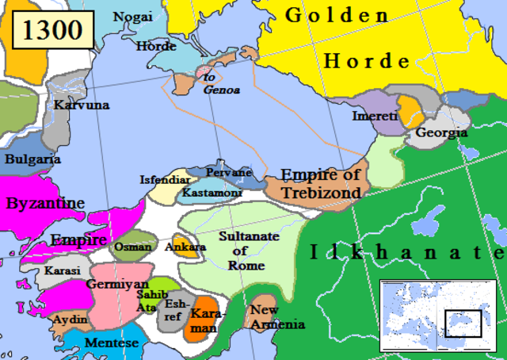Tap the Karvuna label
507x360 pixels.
click(x=82, y=105)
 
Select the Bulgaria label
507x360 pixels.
click(x=32, y=159)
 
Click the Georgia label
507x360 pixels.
click(x=441, y=132)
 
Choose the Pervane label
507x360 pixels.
click(x=228, y=172)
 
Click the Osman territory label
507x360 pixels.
click(x=132, y=247)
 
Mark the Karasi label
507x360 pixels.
click(x=62, y=270)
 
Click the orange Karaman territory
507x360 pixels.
click(x=204, y=317)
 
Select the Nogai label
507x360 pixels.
click(x=133, y=17)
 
